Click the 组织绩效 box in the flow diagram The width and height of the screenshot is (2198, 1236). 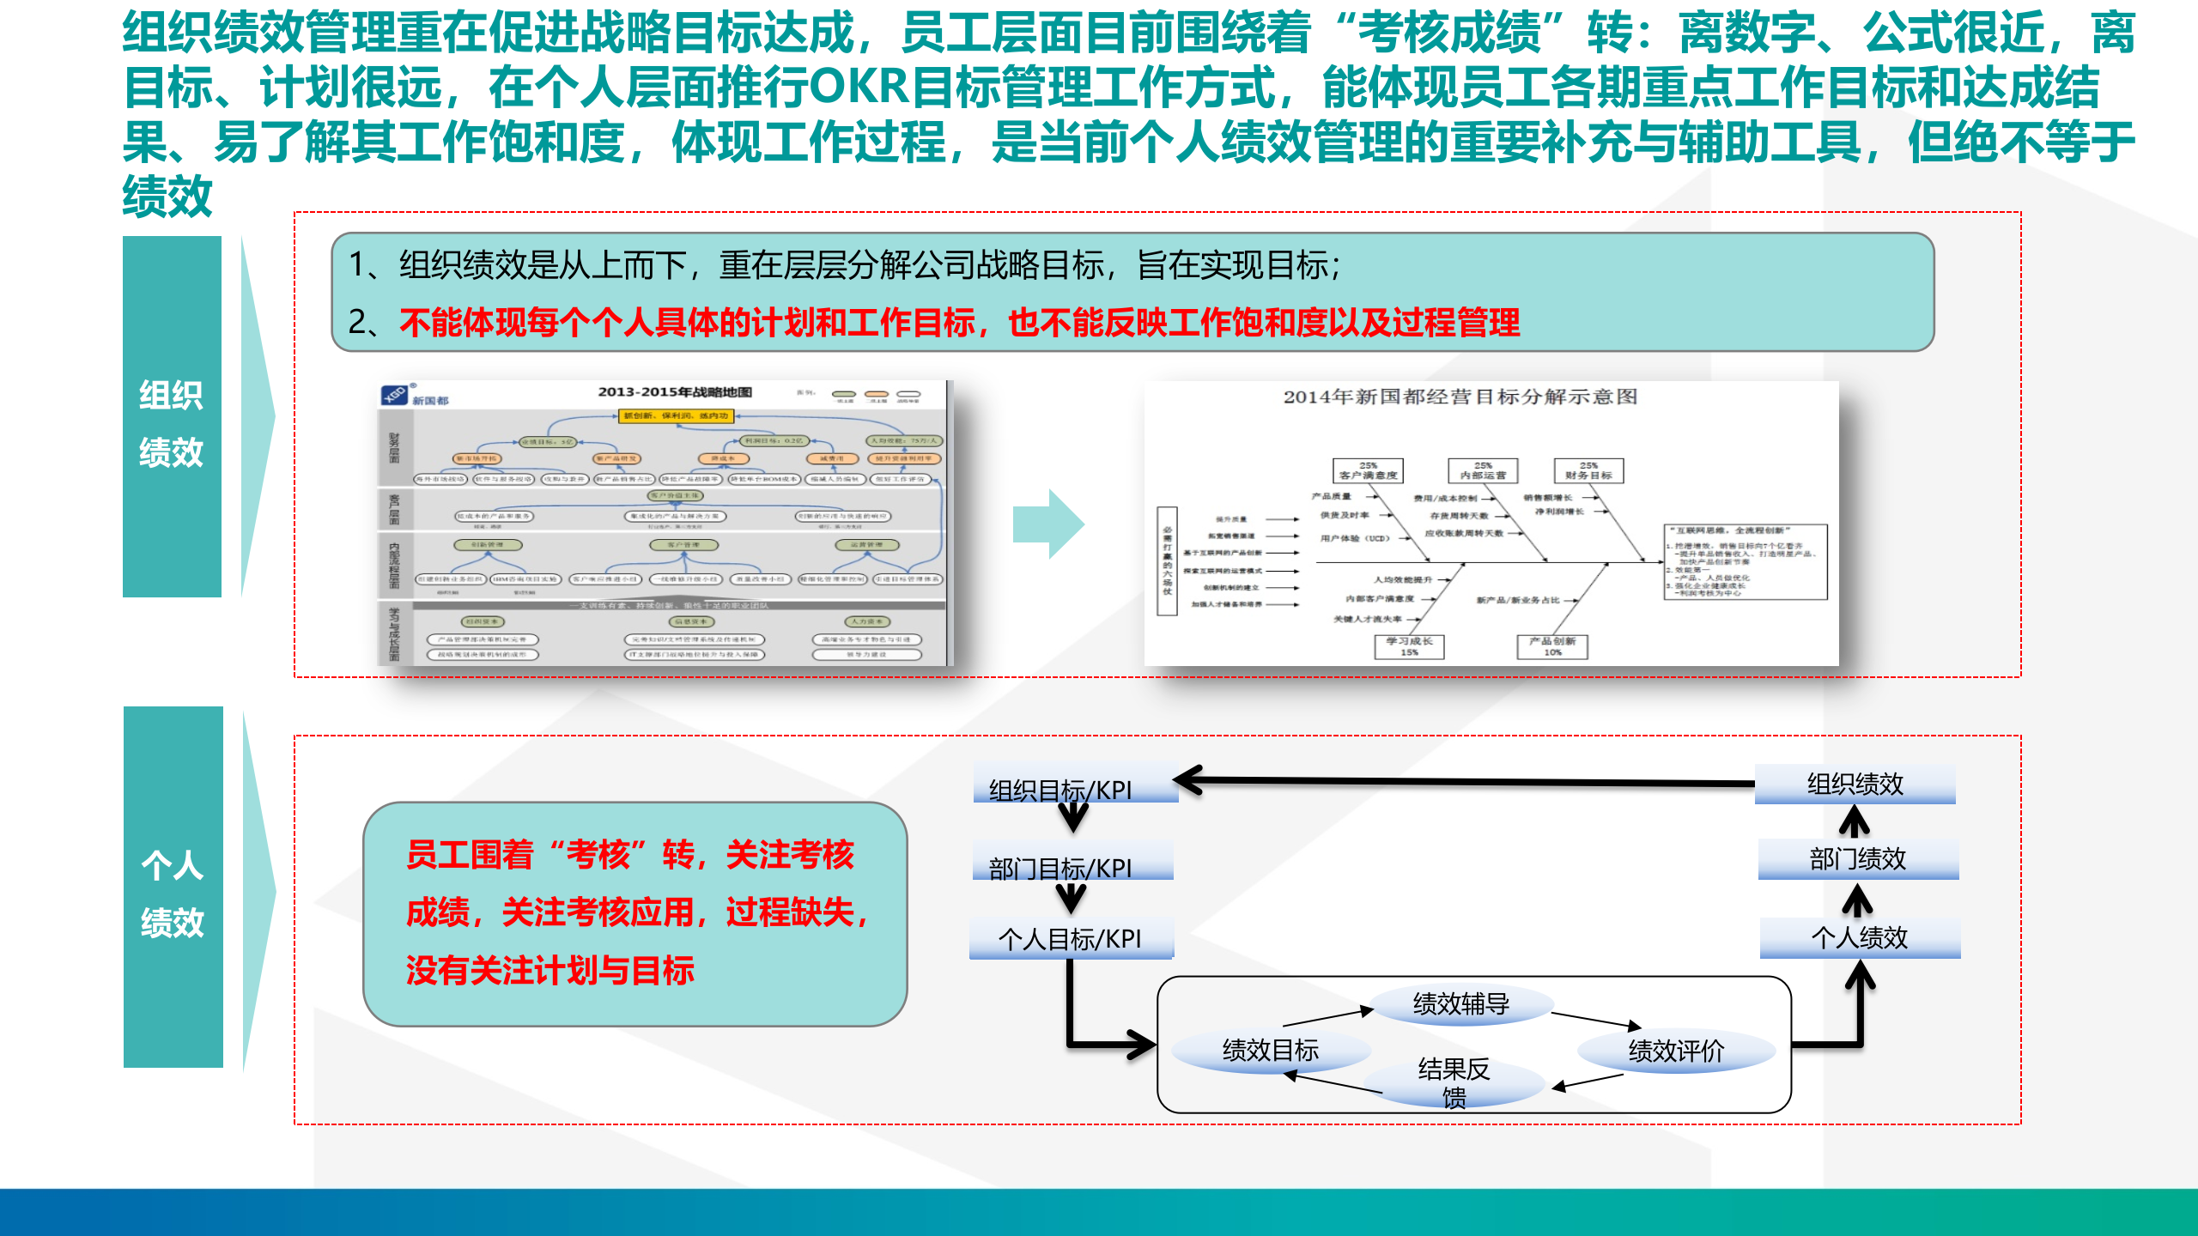click(x=1855, y=784)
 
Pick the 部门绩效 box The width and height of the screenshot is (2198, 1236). click(x=1858, y=859)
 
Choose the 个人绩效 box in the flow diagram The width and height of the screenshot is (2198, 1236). click(x=1860, y=937)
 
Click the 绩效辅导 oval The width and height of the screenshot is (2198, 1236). click(x=1460, y=1003)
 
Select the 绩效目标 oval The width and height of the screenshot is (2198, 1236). click(x=1270, y=1050)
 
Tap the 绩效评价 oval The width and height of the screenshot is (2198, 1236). click(x=1676, y=1051)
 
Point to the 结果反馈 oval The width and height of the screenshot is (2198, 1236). click(x=1454, y=1081)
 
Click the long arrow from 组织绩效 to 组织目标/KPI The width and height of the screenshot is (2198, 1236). click(x=1460, y=782)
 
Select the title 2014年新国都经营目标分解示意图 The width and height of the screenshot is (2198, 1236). click(x=1460, y=397)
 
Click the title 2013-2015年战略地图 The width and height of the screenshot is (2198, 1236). click(x=675, y=391)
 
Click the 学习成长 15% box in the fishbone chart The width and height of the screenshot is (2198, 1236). click(x=1409, y=646)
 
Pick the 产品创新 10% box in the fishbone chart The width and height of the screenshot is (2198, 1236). click(x=1552, y=646)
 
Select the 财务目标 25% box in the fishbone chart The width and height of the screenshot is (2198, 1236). click(x=1588, y=470)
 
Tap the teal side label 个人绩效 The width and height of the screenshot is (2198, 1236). click(x=173, y=893)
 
